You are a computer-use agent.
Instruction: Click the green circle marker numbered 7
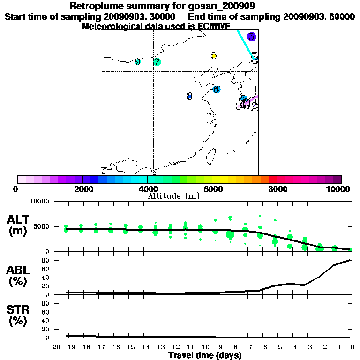tap(157, 62)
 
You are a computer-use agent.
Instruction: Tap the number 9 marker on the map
tap(137, 62)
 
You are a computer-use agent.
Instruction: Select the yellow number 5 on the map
tap(214, 56)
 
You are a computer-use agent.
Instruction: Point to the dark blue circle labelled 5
tap(252, 37)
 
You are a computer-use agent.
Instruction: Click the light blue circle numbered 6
tap(216, 89)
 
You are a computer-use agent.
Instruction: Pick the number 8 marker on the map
tap(189, 97)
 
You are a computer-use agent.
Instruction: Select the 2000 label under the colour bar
tap(82, 189)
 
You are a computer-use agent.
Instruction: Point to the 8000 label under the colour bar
tap(277, 189)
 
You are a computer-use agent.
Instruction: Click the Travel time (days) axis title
tap(205, 355)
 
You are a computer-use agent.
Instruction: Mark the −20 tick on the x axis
tap(54, 347)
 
